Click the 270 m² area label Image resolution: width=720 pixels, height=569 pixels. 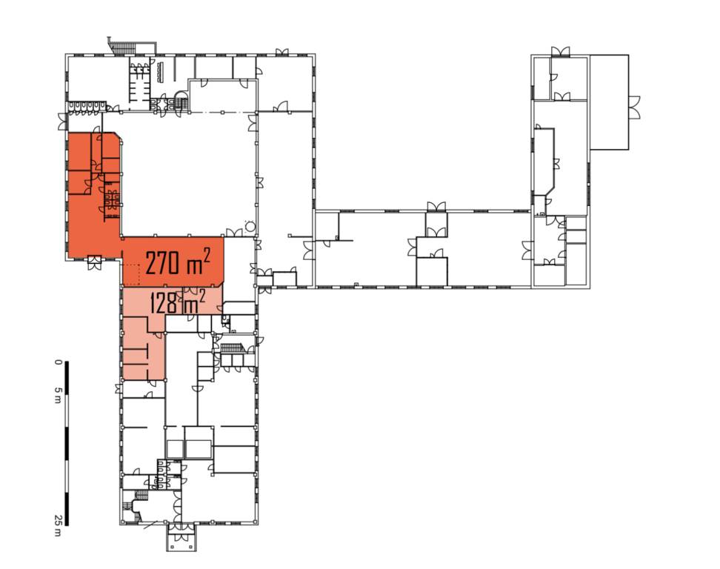(178, 263)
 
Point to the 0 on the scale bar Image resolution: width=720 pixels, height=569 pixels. (58, 362)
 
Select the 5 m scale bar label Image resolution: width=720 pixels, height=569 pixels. (58, 395)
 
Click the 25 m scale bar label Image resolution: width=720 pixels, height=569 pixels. (58, 525)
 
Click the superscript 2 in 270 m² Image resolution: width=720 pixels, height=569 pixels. (207, 256)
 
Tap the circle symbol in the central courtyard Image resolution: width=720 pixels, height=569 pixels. (250, 226)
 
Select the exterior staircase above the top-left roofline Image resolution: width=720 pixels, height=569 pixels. (121, 47)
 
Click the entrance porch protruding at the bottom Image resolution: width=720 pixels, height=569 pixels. (181, 537)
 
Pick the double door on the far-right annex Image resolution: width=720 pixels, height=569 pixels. (634, 108)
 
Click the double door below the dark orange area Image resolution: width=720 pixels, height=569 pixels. (93, 263)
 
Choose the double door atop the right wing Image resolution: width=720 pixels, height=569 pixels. (560, 51)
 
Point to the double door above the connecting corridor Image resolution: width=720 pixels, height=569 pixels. (436, 206)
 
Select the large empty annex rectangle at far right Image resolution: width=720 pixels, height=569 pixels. (609, 102)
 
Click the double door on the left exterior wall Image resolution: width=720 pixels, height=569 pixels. (62, 122)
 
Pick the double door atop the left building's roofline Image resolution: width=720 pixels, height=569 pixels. (282, 51)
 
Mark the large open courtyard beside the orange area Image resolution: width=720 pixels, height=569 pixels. (188, 175)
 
